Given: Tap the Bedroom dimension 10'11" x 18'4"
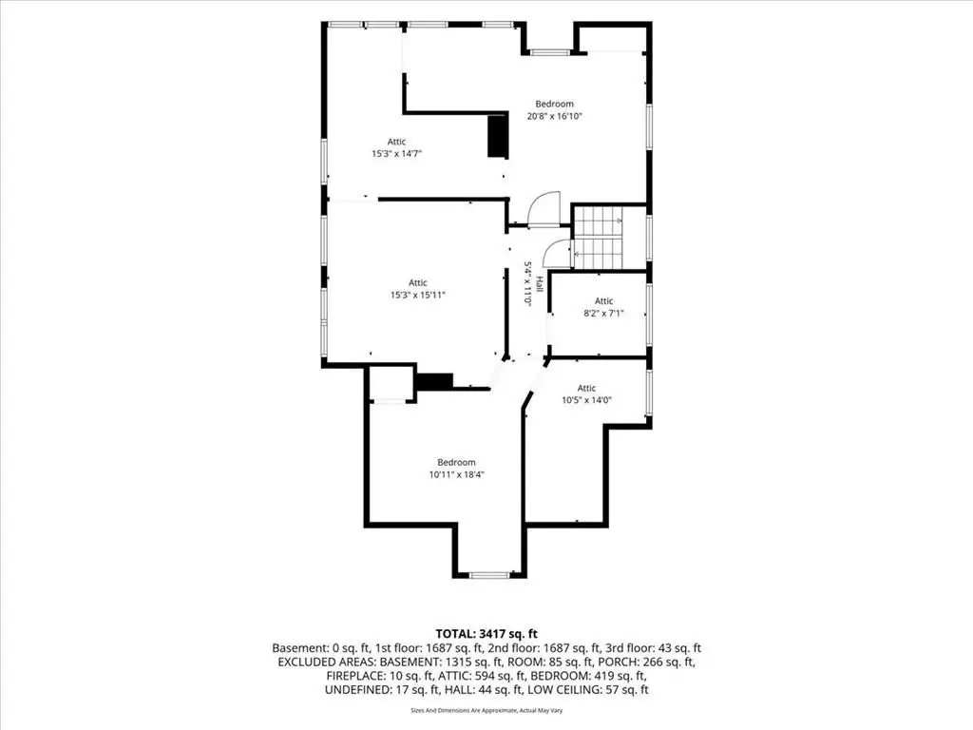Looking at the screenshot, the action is coord(457,475).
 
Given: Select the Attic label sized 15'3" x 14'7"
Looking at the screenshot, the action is coord(396,153).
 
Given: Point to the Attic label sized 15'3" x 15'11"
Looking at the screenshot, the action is coord(418,295).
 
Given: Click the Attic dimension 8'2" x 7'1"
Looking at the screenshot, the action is coord(603,314).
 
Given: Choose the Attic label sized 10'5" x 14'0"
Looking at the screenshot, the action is coord(586,400).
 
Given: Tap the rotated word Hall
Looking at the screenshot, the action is coord(540,283).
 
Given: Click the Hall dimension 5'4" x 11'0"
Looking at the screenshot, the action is coord(528,283).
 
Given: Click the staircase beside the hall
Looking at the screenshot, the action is coord(597,238).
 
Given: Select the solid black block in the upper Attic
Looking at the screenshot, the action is coord(498,136).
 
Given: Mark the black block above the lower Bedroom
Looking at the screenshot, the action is coord(434,381).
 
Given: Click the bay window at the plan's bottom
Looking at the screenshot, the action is coord(489,575).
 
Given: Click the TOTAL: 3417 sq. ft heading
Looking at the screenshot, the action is coord(486,634).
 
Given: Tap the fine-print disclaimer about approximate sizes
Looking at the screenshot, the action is coord(486,710).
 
